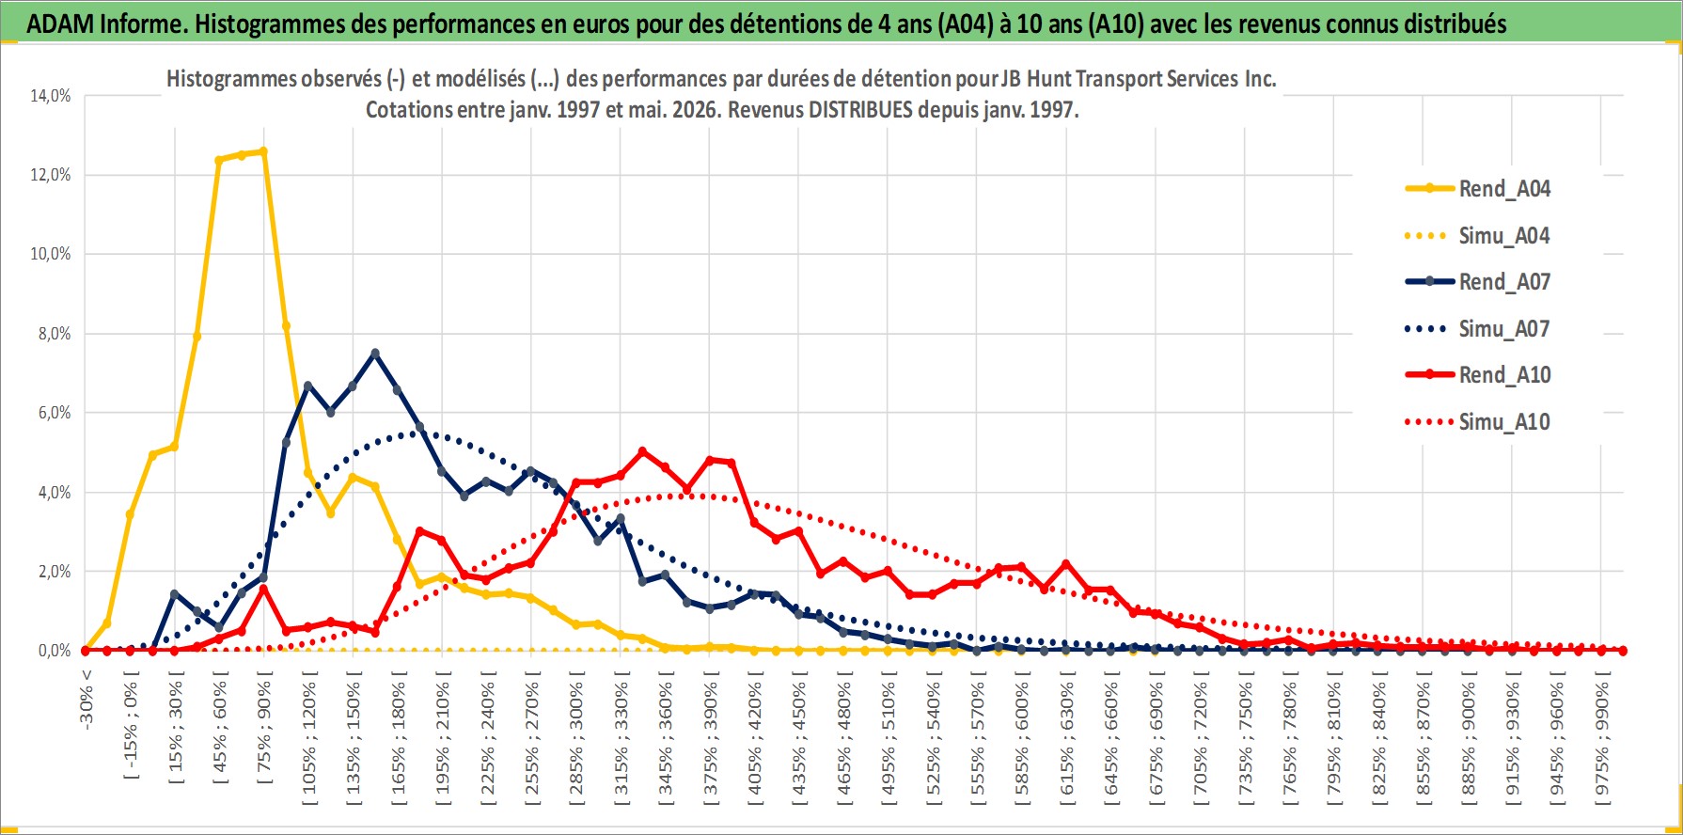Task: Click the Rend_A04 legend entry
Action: pos(1477,188)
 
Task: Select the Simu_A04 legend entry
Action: pos(1477,235)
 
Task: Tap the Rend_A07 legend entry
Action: pos(1477,281)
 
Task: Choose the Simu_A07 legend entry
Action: pos(1477,328)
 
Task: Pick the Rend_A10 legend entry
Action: pos(1477,374)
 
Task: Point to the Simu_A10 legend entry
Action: pos(1477,421)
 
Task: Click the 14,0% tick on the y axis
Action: pos(50,95)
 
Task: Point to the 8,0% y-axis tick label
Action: pos(54,333)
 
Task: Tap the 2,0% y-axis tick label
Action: pos(54,571)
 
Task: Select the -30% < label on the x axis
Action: pos(87,695)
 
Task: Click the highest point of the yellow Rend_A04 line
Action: pos(263,150)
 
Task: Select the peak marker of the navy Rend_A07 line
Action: pos(375,353)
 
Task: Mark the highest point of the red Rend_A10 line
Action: pos(642,451)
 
